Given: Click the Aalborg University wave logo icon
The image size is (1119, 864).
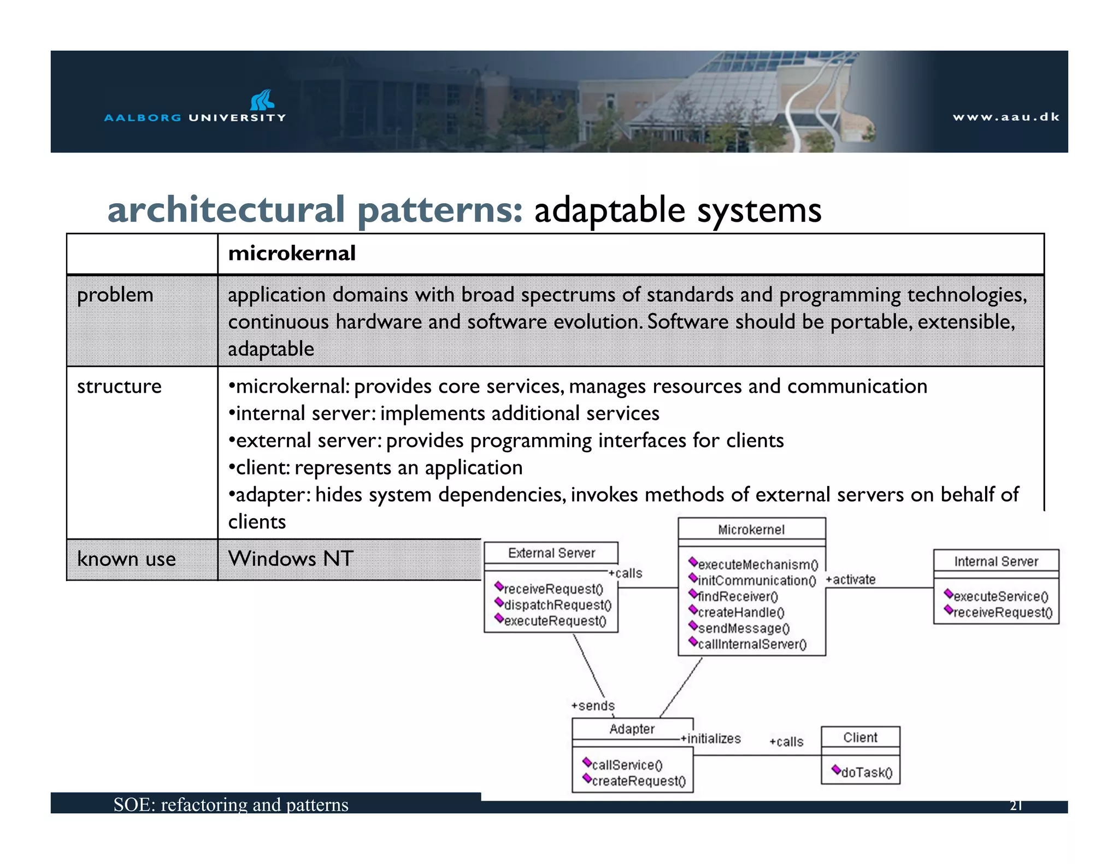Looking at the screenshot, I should click(262, 100).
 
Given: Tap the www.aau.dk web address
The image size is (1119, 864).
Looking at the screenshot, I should click(1005, 117).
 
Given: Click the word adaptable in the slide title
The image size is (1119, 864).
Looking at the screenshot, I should click(609, 211).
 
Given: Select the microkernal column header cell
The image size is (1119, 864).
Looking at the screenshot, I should click(292, 253).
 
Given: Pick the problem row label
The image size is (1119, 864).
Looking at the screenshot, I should click(115, 295).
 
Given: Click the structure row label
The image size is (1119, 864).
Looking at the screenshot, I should click(119, 386).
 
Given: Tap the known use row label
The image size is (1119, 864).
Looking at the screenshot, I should click(126, 559).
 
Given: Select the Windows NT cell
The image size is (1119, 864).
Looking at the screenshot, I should click(291, 559).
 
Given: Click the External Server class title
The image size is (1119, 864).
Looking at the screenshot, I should click(551, 553).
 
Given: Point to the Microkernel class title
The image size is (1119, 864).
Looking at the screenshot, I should click(751, 529).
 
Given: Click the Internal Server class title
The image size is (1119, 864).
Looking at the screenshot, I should click(996, 561).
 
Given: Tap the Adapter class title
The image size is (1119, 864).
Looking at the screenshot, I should click(632, 729).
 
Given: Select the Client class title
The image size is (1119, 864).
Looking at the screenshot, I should click(860, 737).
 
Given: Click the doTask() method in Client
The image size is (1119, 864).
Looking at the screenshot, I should click(866, 772).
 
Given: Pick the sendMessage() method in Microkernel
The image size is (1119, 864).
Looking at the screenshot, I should click(743, 628).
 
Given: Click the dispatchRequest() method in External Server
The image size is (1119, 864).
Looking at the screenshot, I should click(557, 605).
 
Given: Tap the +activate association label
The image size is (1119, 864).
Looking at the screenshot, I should click(850, 579).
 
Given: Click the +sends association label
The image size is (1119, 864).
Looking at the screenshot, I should click(593, 706).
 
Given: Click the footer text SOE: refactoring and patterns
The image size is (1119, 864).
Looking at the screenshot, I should click(231, 804).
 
